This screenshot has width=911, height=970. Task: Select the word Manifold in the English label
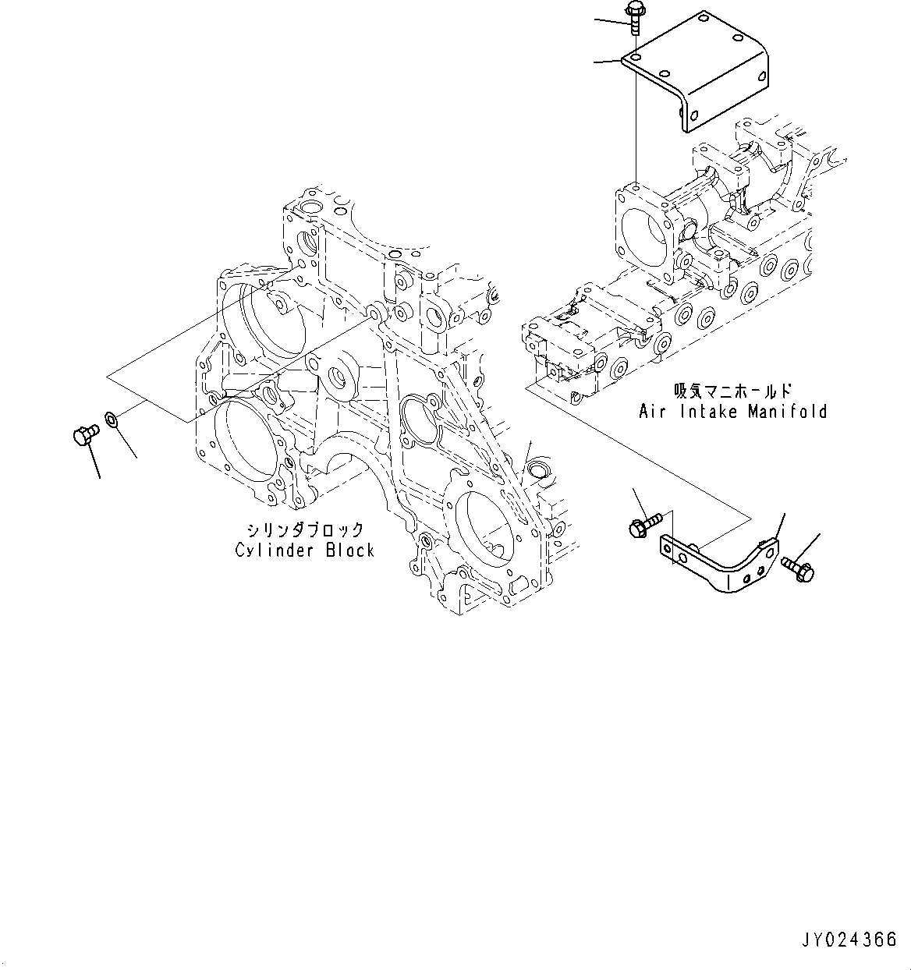(x=788, y=411)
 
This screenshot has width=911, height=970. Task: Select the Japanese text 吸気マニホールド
(x=732, y=391)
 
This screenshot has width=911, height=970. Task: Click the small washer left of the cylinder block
(x=112, y=421)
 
